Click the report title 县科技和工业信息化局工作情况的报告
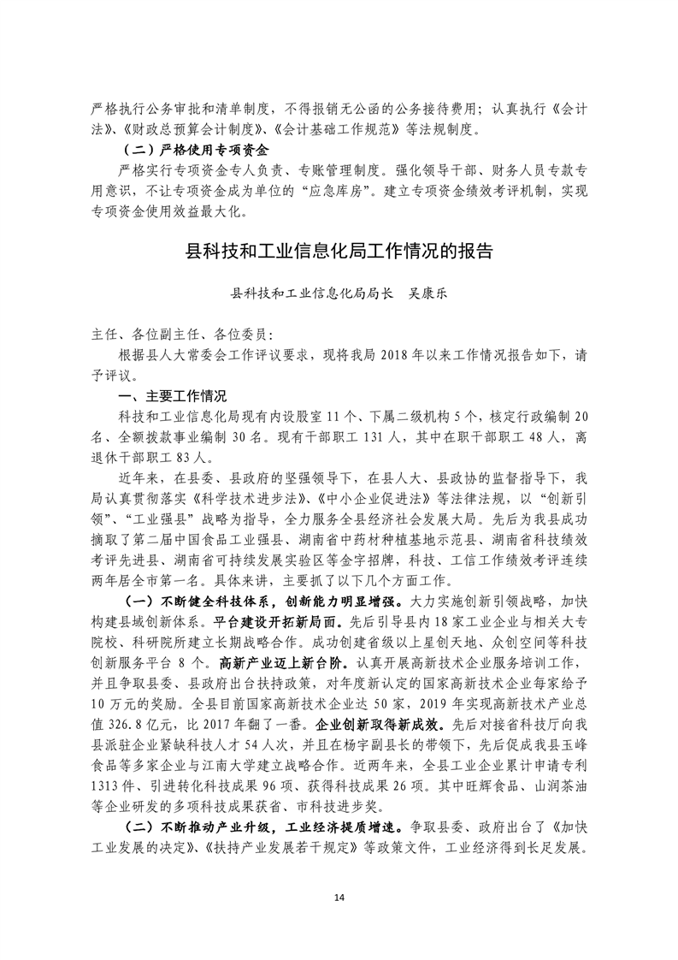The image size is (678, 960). [339, 253]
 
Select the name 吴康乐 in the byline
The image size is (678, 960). [424, 293]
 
